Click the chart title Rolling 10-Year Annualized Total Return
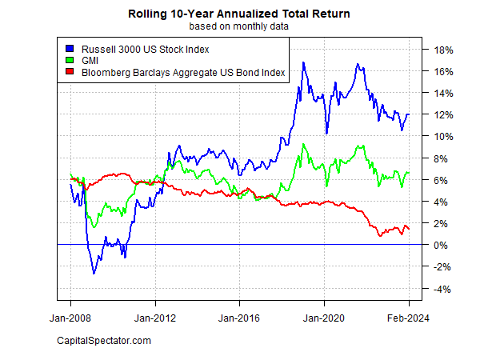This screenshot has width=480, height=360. [x=240, y=14]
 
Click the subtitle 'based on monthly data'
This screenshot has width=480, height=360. [x=240, y=26]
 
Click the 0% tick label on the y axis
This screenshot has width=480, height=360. [x=442, y=245]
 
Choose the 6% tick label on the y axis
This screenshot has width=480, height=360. [x=442, y=180]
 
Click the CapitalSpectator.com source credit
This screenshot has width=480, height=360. [x=104, y=342]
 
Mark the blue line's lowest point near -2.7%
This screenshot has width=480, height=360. [x=94, y=274]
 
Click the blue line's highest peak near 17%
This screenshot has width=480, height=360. [x=303, y=62]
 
